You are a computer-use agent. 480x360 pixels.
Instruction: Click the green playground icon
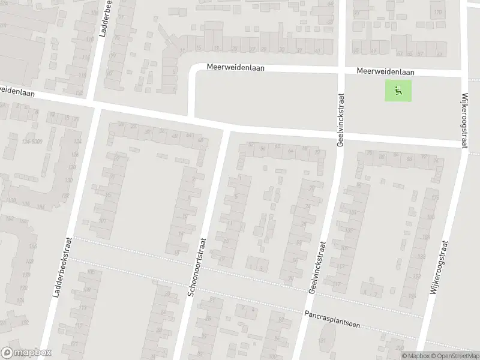tap(398, 91)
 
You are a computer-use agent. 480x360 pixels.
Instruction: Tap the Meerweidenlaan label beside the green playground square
tap(385, 71)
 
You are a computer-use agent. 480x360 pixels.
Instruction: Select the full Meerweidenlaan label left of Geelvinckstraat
tap(235, 68)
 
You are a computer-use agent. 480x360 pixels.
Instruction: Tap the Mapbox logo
tap(26, 353)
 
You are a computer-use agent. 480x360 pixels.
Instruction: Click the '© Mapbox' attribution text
tap(415, 356)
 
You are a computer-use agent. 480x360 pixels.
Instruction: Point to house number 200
tap(400, 349)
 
